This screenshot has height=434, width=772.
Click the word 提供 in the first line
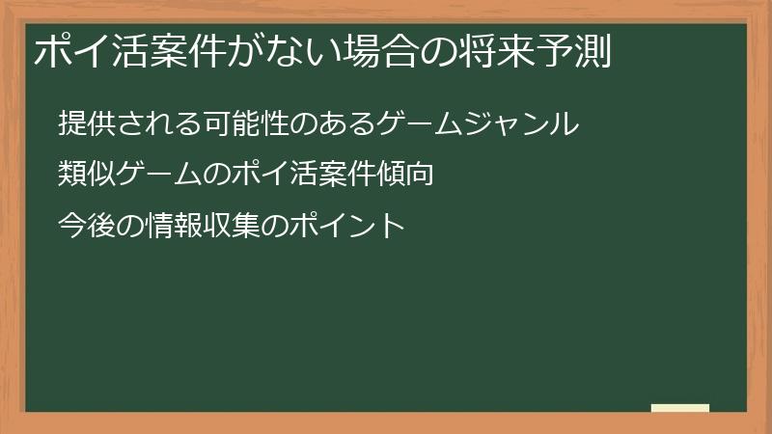tap(84, 124)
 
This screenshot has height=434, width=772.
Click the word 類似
tap(84, 176)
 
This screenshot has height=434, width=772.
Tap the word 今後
tap(84, 227)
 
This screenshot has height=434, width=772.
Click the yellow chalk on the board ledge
tap(680, 408)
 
